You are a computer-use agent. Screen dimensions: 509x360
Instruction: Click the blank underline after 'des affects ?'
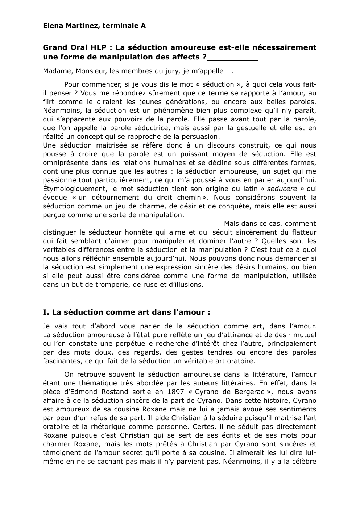pos(233,58)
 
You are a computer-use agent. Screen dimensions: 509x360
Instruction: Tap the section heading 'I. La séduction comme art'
pos(127,313)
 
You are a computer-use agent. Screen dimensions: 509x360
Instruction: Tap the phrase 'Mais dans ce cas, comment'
pos(269,224)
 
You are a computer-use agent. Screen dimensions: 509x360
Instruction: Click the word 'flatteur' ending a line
pos(304,233)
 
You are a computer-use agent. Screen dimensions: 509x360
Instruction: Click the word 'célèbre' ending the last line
pos(304,462)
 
